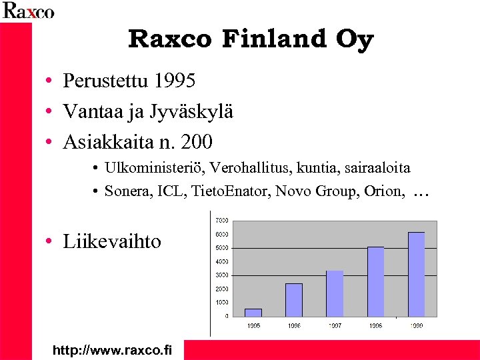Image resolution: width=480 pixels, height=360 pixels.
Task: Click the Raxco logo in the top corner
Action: [28, 11]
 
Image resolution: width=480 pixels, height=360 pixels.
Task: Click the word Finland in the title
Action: [275, 39]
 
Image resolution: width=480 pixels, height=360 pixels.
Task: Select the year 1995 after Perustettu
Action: [174, 81]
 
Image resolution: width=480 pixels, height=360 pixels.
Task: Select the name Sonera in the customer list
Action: [127, 192]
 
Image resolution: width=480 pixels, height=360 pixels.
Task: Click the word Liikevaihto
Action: [112, 241]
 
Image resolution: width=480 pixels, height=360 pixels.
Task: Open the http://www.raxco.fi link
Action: [112, 349]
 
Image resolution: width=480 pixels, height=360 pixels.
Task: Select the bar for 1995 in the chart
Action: [253, 312]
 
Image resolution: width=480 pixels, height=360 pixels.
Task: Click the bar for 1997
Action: [335, 293]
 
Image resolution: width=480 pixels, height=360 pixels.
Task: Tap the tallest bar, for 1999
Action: [416, 274]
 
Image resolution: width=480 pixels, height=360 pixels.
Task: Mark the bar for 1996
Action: [294, 299]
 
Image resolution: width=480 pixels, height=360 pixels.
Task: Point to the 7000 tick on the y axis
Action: [221, 220]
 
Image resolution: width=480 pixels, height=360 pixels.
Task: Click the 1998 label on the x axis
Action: [375, 325]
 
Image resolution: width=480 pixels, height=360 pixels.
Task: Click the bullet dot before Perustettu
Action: [49, 82]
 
